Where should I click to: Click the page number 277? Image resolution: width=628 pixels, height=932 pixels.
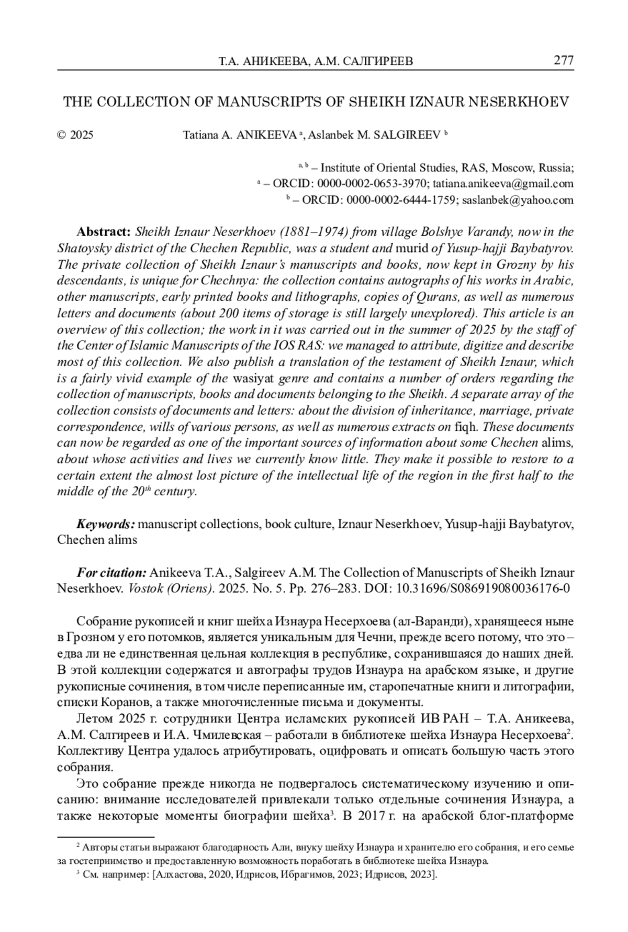pos(563,61)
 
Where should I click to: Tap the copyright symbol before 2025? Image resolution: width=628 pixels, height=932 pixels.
pos(61,135)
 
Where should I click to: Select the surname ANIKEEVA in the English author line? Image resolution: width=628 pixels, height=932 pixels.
pos(267,135)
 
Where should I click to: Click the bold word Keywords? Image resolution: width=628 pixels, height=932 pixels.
pos(106,524)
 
